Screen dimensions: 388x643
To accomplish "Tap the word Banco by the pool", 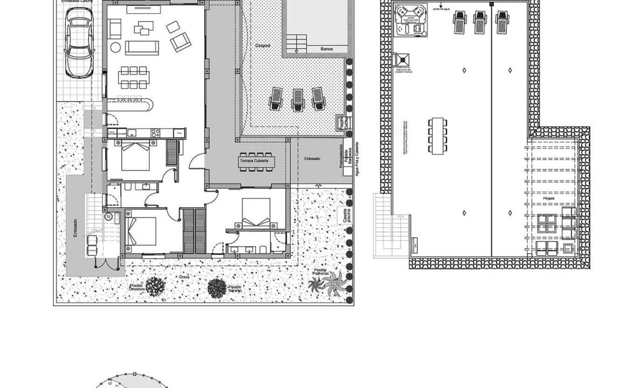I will point(327,49).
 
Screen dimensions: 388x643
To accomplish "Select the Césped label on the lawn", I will point(262,45).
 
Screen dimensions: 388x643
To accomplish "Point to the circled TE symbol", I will point(107,217).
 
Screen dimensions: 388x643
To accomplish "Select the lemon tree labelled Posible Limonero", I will point(155,286).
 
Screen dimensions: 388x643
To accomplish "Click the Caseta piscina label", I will point(345,216).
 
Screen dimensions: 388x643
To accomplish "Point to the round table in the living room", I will point(115,47).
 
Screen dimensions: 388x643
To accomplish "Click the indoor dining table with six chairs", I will point(134,77).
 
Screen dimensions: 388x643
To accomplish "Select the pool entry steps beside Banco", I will point(296,43).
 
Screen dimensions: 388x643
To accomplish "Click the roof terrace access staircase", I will point(392,229).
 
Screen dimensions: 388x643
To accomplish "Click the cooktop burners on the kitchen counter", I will point(155,133).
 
